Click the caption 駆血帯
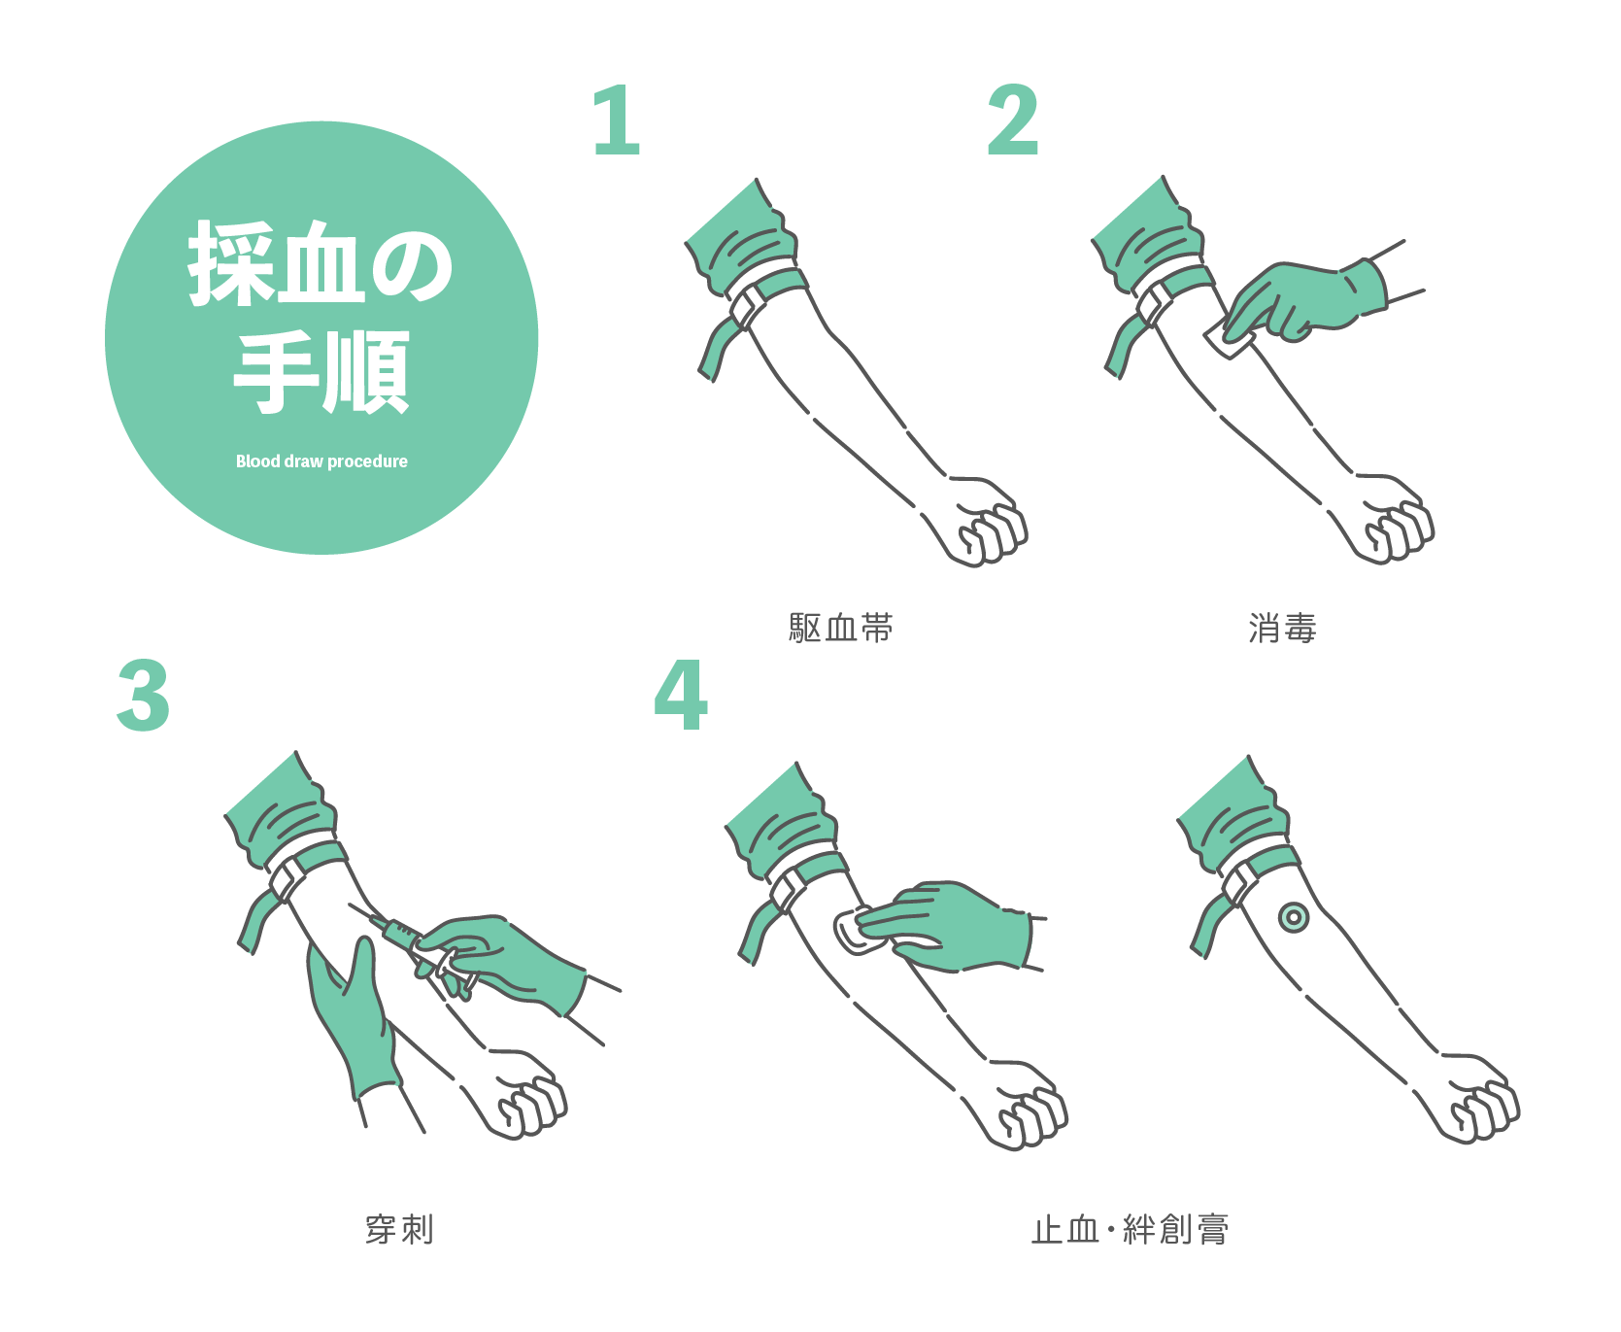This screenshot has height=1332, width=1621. point(841,629)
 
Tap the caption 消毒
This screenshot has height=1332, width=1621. point(1282,629)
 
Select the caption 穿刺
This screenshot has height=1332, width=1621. point(399,1229)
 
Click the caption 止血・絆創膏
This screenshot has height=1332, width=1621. point(1131,1229)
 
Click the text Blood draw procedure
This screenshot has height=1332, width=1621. point(321,461)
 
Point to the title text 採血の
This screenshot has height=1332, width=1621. point(321,263)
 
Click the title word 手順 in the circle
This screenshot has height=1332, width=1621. point(321,372)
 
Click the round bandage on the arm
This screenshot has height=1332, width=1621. point(1293,917)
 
